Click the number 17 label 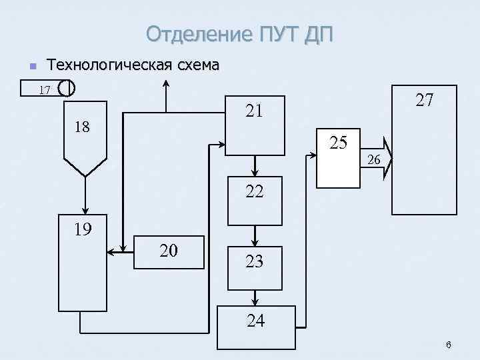(x=45, y=89)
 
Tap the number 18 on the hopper (x=82, y=127)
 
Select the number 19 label (x=83, y=229)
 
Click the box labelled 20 (x=169, y=251)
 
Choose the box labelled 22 (x=255, y=200)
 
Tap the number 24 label (x=255, y=321)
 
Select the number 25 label (x=339, y=142)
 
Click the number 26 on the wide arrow (x=374, y=160)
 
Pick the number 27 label (x=424, y=100)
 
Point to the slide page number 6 (x=449, y=345)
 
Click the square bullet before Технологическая (x=27, y=66)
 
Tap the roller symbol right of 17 (x=66, y=87)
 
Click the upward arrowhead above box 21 (x=166, y=85)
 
